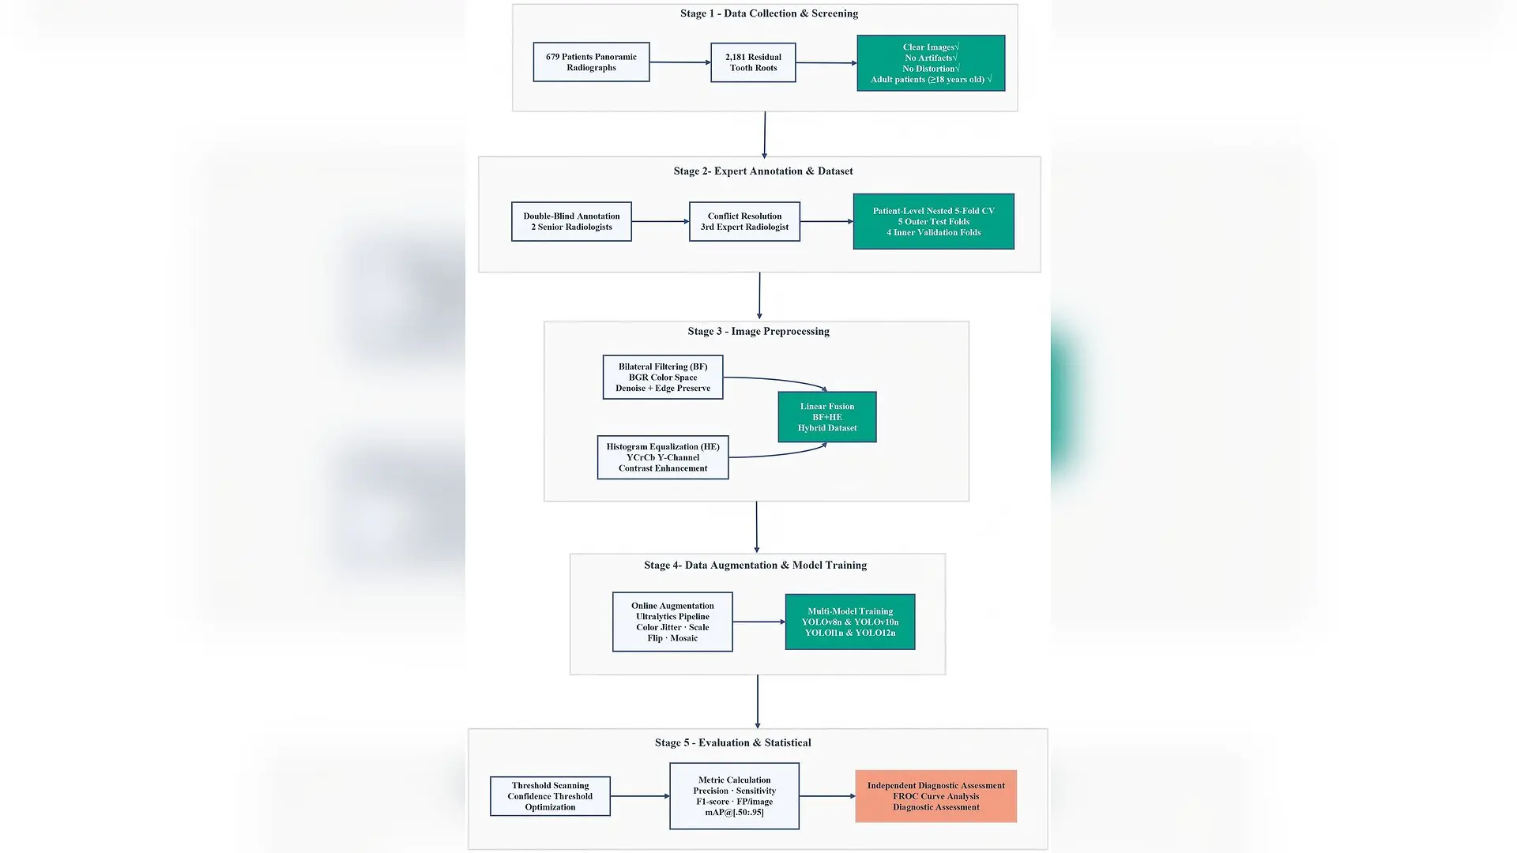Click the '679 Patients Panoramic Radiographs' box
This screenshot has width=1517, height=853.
tap(591, 62)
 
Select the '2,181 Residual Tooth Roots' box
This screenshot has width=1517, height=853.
tap(753, 62)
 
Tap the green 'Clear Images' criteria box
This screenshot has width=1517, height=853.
tap(931, 63)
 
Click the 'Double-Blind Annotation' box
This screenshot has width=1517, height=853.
tap(571, 221)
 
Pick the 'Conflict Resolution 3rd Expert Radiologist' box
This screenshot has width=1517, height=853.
tap(744, 221)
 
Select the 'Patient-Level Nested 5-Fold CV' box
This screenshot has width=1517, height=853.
tap(933, 221)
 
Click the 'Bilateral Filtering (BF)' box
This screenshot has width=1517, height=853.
tap(663, 377)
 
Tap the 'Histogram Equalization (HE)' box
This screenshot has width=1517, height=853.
tap(663, 457)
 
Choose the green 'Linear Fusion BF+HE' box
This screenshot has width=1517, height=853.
tap(827, 417)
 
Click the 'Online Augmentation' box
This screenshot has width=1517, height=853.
tap(672, 622)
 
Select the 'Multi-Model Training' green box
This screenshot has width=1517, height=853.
tap(850, 622)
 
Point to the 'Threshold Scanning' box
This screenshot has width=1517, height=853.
tap(550, 796)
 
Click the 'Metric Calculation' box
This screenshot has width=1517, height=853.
tap(734, 796)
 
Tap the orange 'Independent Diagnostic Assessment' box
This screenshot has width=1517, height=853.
tap(935, 796)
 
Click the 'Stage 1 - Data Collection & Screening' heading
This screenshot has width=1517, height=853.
tap(769, 13)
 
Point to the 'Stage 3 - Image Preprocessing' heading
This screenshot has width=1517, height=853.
tap(758, 331)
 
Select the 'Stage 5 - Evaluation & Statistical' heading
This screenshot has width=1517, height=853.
tap(732, 742)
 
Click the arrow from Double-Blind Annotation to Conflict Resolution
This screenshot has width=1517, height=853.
tap(661, 222)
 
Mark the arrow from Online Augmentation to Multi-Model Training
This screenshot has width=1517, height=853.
tap(759, 622)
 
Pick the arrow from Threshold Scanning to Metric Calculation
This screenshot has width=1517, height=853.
tap(640, 796)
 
